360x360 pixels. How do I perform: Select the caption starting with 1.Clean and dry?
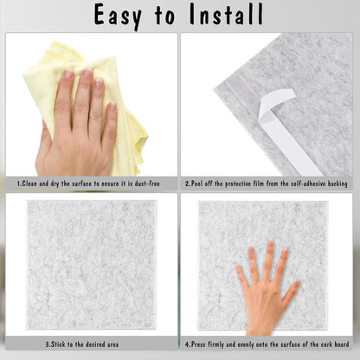coord(90,183)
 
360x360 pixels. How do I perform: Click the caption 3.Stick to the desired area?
coord(89,344)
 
